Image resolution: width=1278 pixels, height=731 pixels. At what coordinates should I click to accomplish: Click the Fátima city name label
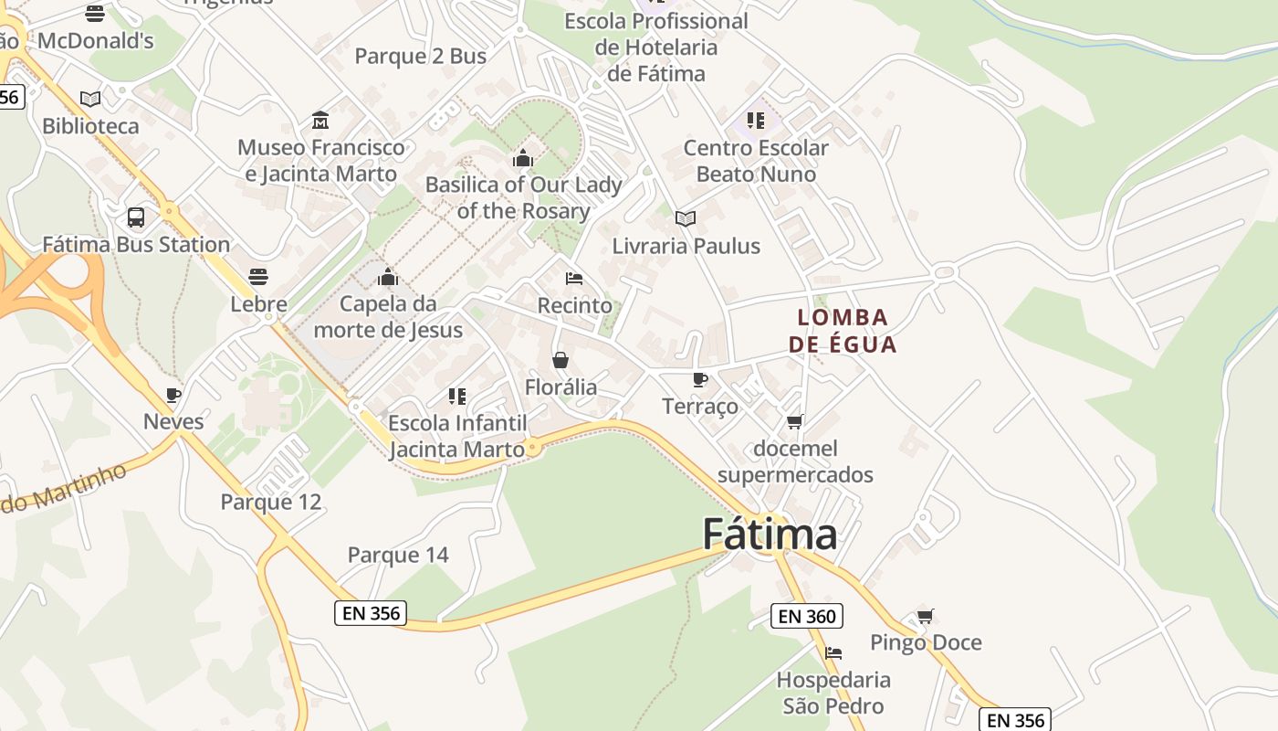[x=770, y=535]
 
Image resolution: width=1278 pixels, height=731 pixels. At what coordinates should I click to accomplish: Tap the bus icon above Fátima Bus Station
[x=136, y=217]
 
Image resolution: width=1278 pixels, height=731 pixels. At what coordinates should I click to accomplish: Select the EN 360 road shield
[x=806, y=617]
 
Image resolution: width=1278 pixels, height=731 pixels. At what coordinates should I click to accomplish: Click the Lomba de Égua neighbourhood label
[x=843, y=331]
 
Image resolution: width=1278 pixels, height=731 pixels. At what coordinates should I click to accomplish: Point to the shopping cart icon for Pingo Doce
[x=926, y=617]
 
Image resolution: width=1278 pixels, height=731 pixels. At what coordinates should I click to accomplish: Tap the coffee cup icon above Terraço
[x=700, y=380]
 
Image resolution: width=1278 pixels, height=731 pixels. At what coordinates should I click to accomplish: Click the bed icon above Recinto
[x=574, y=279]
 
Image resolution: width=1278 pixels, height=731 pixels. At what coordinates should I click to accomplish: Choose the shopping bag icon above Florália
[x=560, y=360]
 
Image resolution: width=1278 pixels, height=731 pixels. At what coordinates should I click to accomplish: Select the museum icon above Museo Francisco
[x=320, y=121]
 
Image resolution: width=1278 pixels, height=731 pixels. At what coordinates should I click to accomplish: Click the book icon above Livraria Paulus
[x=686, y=218]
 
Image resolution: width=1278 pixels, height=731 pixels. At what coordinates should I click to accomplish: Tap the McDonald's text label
[x=96, y=41]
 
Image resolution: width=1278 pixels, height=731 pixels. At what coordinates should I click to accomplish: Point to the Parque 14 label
[x=398, y=555]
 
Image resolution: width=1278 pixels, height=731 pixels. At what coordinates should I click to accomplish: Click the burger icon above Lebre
[x=258, y=277]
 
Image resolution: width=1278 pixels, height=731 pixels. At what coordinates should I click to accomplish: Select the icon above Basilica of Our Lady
[x=523, y=158]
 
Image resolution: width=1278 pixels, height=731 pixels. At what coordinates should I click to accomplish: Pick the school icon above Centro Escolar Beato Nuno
[x=756, y=121]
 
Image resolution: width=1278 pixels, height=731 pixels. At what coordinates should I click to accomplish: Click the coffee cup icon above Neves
[x=173, y=395]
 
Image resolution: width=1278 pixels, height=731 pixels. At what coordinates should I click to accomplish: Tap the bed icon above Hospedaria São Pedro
[x=833, y=653]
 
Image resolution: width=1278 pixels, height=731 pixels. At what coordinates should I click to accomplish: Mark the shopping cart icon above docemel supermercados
[x=795, y=422]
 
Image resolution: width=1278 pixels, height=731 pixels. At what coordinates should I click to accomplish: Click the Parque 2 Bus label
[x=420, y=57]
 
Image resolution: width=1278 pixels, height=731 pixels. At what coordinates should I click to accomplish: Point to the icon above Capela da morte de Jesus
[x=388, y=277]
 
